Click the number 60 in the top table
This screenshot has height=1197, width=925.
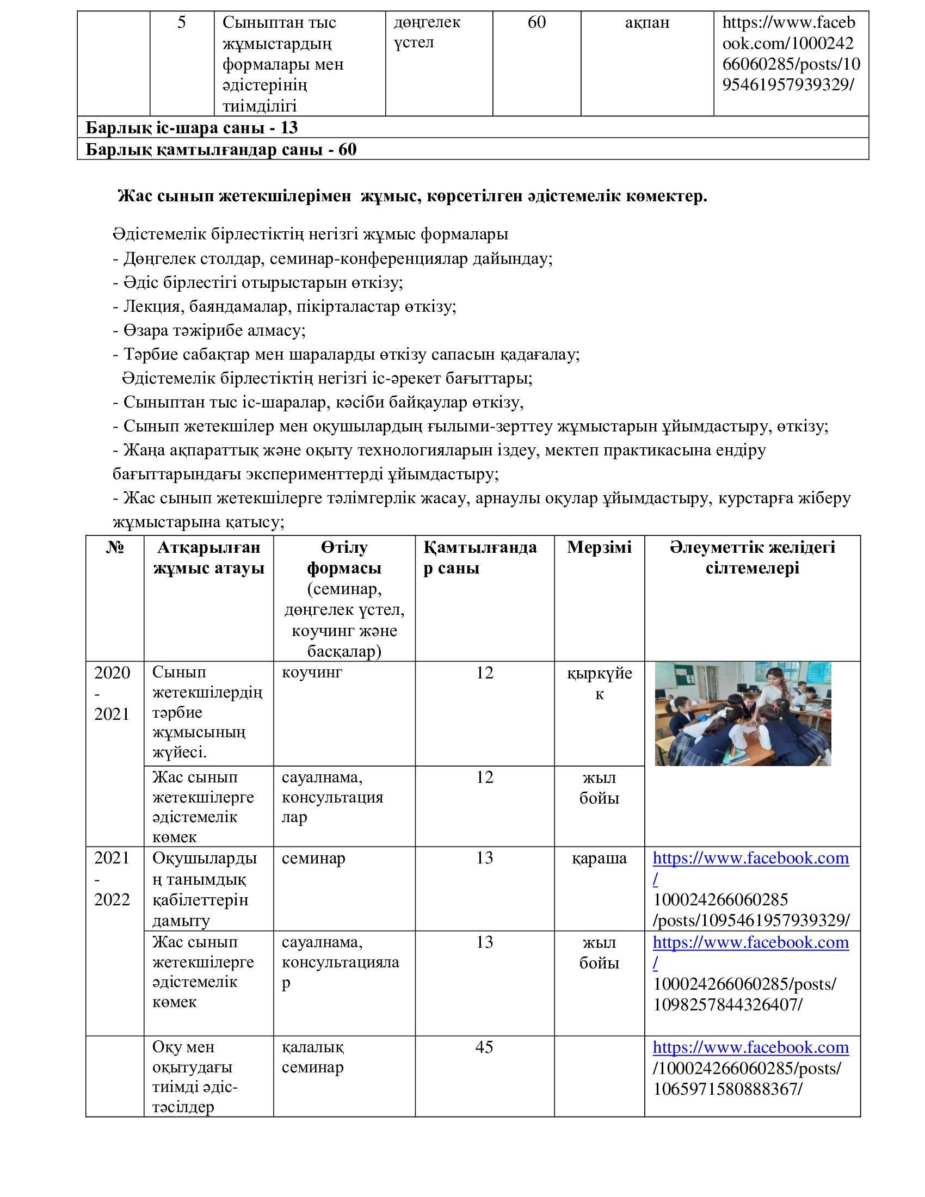[536, 23]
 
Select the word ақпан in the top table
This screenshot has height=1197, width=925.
[647, 23]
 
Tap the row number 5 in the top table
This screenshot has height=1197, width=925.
[181, 23]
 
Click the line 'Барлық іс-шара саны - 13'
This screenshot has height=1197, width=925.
[192, 128]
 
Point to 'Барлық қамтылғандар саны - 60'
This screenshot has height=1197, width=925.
[221, 150]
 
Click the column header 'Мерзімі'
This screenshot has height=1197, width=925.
[599, 547]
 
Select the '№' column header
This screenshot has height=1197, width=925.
[114, 547]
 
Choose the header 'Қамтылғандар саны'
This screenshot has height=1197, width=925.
[480, 557]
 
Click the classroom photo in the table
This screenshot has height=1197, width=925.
[743, 713]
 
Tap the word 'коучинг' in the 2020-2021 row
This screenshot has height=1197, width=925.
[312, 672]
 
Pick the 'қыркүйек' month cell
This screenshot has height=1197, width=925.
[600, 683]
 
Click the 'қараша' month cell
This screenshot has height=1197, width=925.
[600, 858]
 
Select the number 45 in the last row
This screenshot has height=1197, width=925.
[484, 1047]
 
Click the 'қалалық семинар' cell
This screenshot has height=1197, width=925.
[313, 1057]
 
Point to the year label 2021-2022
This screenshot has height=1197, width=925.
[112, 879]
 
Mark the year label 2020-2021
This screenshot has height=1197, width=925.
[112, 693]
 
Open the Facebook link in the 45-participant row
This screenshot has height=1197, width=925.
[751, 1048]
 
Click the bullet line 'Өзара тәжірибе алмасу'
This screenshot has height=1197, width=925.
[209, 330]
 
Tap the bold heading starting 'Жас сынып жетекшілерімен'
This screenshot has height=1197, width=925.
[412, 196]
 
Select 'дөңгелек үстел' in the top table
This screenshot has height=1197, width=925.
[427, 32]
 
